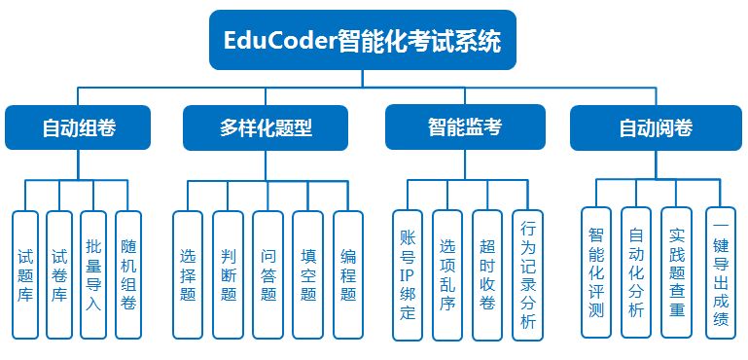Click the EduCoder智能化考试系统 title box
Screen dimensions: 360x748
point(362,42)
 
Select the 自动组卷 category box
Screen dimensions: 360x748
point(80,127)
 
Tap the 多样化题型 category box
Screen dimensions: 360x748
point(266,127)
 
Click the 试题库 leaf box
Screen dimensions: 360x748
point(26,275)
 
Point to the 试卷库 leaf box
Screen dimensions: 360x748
point(59,275)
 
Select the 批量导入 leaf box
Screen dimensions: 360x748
point(93,275)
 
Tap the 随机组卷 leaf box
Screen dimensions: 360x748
point(127,275)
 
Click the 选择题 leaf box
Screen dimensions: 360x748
point(187,275)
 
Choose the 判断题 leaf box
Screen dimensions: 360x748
point(228,275)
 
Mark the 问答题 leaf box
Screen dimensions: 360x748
point(267,275)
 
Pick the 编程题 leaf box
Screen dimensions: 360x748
point(348,275)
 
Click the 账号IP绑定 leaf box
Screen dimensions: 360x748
point(408,275)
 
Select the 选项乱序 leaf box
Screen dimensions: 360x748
point(447,275)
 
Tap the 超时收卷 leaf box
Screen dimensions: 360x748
point(487,275)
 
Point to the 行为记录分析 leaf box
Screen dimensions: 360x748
point(527,275)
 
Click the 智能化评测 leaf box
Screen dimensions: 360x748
point(596,273)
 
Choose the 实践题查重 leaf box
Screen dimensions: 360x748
point(677,273)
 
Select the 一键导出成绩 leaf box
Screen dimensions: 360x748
point(719,273)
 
